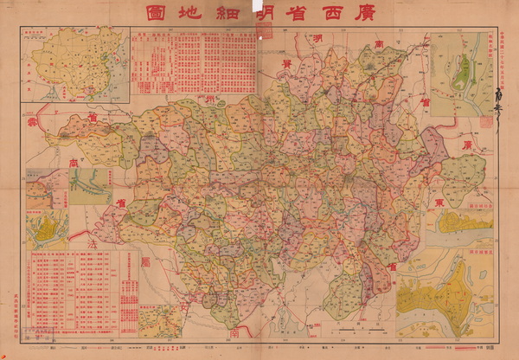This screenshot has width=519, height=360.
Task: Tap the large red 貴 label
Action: pyautogui.click(x=282, y=66)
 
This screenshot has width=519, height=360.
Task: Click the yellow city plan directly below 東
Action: pyautogui.click(x=464, y=223)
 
